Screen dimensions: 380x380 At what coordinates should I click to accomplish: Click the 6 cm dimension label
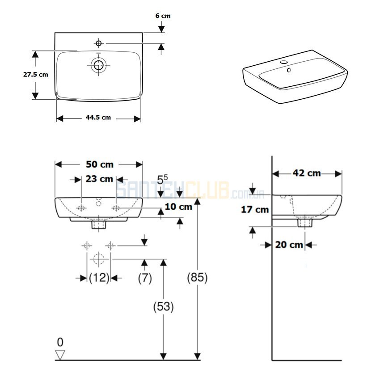pyautogui.click(x=163, y=16)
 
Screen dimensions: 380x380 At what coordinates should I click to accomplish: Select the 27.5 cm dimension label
pyautogui.click(x=36, y=75)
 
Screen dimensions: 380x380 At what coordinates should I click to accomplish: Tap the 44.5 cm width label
pyautogui.click(x=98, y=118)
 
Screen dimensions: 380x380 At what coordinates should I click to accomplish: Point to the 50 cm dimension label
pyautogui.click(x=100, y=165)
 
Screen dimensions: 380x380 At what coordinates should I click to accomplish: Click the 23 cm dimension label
pyautogui.click(x=99, y=179)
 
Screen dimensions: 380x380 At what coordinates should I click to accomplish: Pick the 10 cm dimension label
pyautogui.click(x=178, y=207)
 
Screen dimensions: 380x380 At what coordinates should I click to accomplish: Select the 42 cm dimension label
pyautogui.click(x=307, y=173)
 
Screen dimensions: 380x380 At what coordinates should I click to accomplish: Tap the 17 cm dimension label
pyautogui.click(x=255, y=210)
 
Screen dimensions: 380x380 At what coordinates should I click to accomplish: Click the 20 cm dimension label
pyautogui.click(x=289, y=245)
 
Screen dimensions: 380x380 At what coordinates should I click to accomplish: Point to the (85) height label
pyautogui.click(x=197, y=277)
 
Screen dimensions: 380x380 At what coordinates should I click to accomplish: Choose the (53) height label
pyautogui.click(x=164, y=307)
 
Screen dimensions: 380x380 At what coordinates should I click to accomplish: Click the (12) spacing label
pyautogui.click(x=99, y=278)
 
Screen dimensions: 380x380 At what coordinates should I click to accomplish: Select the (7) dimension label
pyautogui.click(x=145, y=278)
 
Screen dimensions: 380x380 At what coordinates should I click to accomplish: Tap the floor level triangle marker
pyautogui.click(x=60, y=355)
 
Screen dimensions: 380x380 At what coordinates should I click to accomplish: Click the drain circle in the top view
pyautogui.click(x=98, y=65)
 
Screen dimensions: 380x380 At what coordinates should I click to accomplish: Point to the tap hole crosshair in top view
pyautogui.click(x=98, y=43)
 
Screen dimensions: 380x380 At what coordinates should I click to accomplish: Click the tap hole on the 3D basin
pyautogui.click(x=283, y=62)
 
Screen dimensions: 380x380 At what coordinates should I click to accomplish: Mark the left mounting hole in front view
pyautogui.click(x=81, y=208)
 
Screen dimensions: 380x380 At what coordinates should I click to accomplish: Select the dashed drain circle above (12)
pyautogui.click(x=99, y=259)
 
